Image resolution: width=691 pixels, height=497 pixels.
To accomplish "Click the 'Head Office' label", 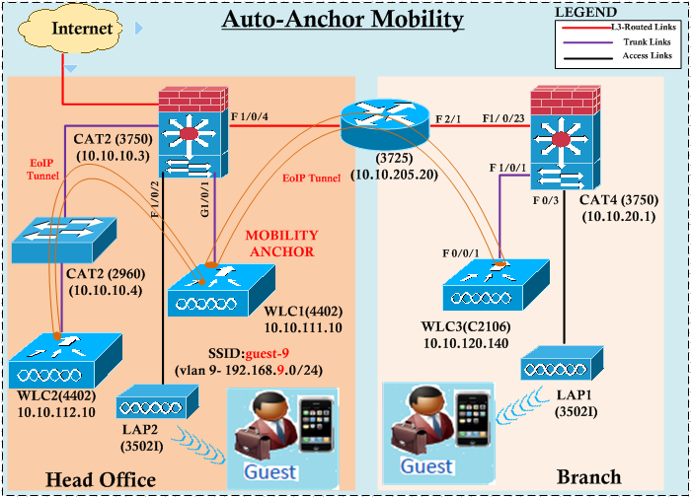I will (101, 479).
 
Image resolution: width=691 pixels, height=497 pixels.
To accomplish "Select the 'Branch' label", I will (589, 476).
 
